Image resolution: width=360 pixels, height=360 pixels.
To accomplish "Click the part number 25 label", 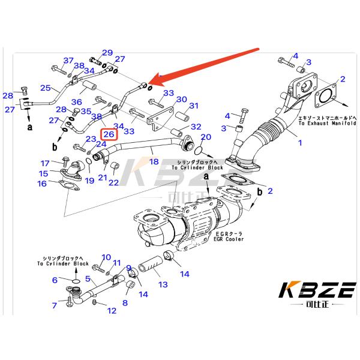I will point(46,88).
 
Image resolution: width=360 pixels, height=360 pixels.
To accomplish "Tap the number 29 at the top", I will point(107,53).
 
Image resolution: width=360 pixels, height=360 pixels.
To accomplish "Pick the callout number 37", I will point(68,61).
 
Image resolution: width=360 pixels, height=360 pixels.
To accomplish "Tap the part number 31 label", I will point(194,106).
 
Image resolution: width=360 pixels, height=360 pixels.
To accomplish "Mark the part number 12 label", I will point(112,311).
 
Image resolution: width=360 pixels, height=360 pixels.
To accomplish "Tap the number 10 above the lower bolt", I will point(106,258).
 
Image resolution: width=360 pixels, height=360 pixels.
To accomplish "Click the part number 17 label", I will point(45,163).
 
